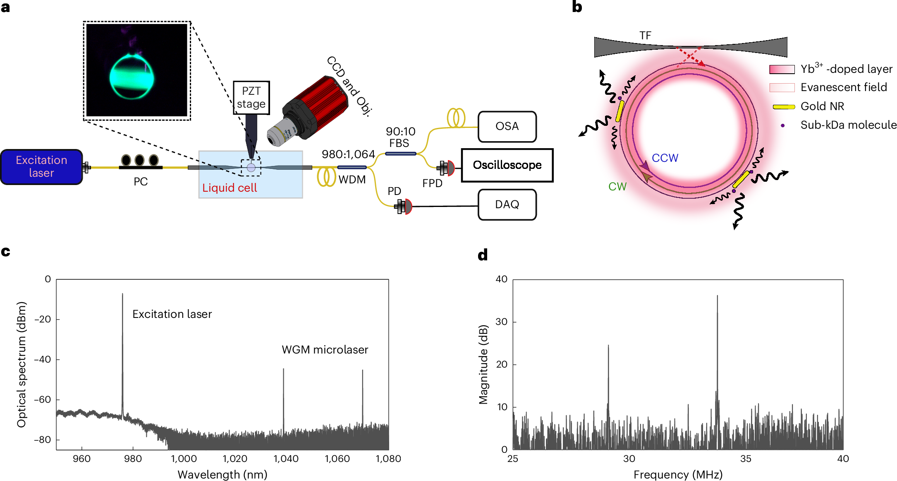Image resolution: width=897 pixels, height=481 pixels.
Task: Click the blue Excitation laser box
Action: pos(41,167)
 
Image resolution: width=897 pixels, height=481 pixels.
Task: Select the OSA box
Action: pos(507,126)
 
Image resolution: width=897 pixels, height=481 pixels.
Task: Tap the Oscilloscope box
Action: pos(507,165)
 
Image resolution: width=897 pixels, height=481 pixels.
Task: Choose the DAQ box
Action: pos(507,204)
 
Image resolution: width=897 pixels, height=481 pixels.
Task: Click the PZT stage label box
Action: pos(251,98)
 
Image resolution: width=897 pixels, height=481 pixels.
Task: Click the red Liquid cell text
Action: pos(230,188)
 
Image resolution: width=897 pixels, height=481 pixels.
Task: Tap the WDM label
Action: pos(352,180)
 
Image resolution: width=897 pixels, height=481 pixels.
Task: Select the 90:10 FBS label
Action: pos(400,137)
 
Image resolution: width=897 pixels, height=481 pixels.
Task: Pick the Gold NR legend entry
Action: pos(822,106)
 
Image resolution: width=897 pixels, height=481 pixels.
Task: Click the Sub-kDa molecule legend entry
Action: pos(848,125)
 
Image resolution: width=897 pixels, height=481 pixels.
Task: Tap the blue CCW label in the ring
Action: pos(665,158)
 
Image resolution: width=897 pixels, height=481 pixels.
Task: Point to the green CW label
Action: pos(617,187)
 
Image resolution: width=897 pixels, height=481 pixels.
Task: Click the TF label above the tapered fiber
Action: pos(645,36)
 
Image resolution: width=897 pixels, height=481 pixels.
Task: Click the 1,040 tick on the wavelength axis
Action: pos(286,459)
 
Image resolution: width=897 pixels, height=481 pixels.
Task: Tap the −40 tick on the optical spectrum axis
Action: pos(43,359)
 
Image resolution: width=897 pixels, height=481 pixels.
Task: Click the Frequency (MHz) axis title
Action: pos(678,474)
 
